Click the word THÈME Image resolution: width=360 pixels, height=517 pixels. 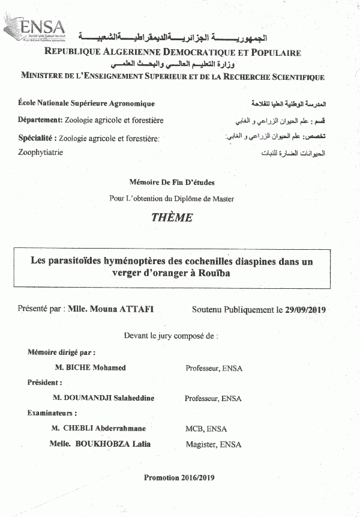tap(172, 218)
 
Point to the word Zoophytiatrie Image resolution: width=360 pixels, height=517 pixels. tap(40, 153)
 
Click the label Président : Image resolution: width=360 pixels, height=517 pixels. tap(45, 382)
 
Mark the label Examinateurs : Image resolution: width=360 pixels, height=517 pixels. tap(52, 413)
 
